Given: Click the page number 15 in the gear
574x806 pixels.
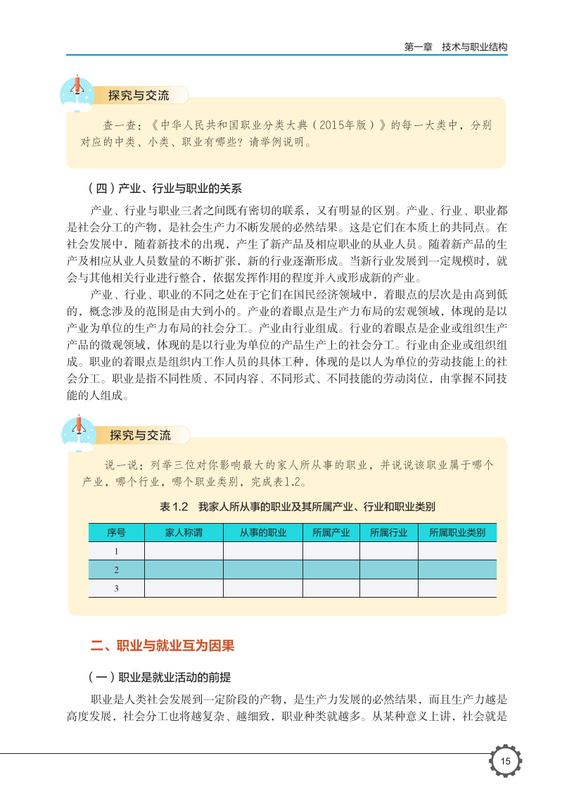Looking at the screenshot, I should [505, 762].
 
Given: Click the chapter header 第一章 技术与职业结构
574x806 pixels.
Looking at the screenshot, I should [456, 47].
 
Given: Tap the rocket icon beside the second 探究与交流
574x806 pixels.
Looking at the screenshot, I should [78, 430].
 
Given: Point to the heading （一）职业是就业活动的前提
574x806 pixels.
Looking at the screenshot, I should [160, 677].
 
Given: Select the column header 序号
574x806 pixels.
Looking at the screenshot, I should [116, 533].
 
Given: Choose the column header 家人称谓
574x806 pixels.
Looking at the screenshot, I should [184, 533].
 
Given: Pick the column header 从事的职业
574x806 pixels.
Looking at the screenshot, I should [262, 533].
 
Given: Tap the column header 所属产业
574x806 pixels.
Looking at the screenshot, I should [331, 533].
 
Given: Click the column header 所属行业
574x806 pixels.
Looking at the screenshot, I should [388, 533].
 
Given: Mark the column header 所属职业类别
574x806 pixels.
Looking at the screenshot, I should [457, 533].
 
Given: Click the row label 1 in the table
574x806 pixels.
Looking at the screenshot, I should [116, 551].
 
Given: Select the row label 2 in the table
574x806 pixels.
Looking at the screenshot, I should [116, 569].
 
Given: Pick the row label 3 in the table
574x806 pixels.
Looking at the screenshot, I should [116, 588].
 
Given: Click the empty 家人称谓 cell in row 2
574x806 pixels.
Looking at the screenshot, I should [184, 569].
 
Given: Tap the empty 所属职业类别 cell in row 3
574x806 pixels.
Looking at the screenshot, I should [457, 588].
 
